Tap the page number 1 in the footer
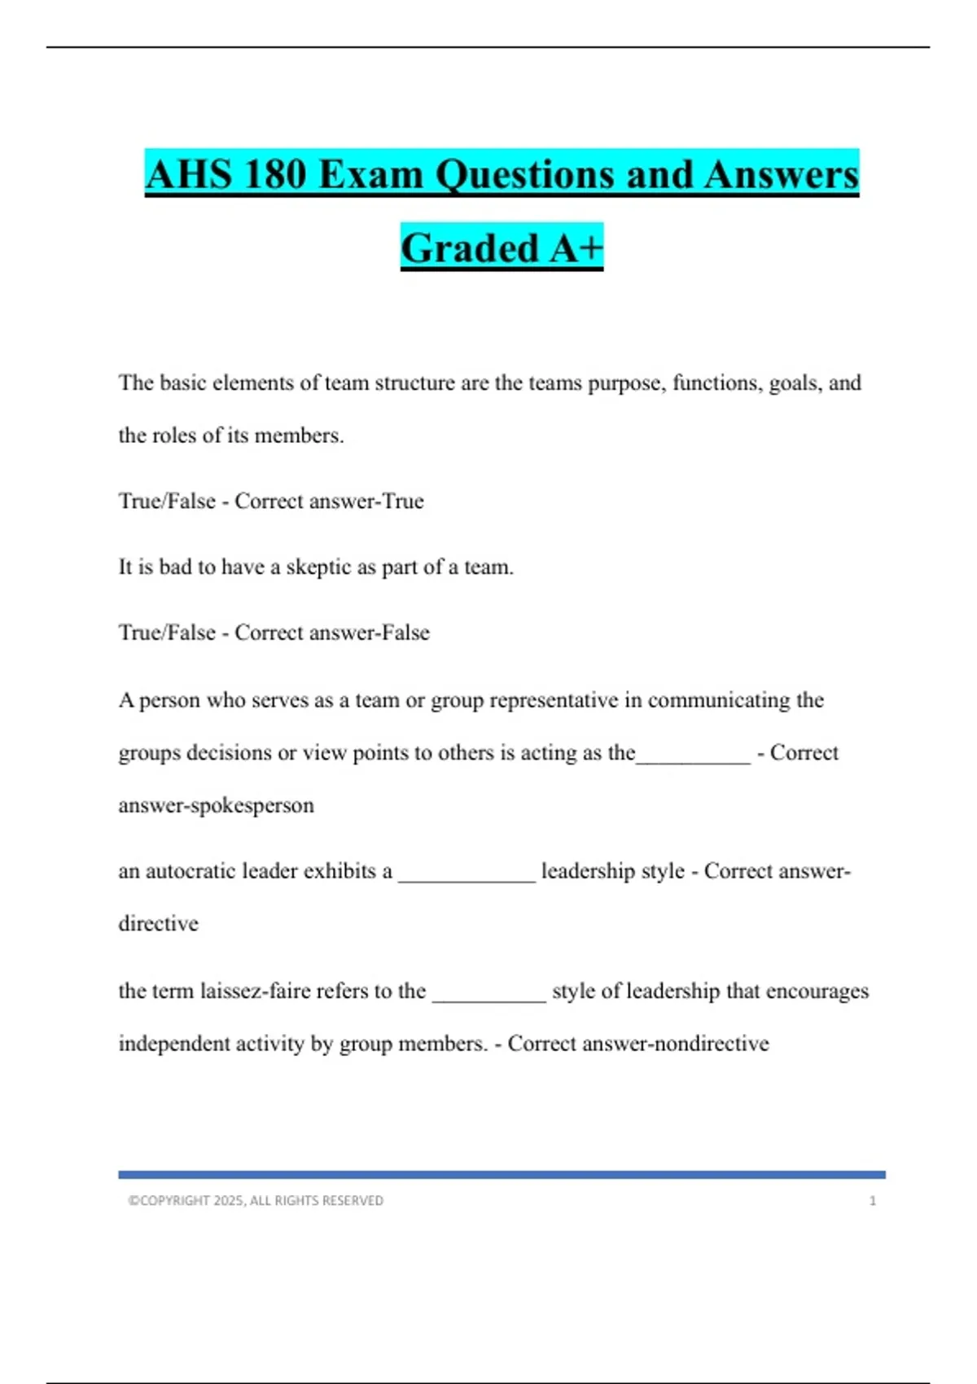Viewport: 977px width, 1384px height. (873, 1201)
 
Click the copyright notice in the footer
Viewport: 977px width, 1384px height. (256, 1201)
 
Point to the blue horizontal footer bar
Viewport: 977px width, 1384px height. (502, 1175)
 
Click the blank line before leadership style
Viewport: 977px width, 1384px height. (467, 878)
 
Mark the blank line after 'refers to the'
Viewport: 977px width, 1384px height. (488, 998)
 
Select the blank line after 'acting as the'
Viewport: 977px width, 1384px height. (693, 760)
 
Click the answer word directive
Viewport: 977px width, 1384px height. (159, 924)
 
